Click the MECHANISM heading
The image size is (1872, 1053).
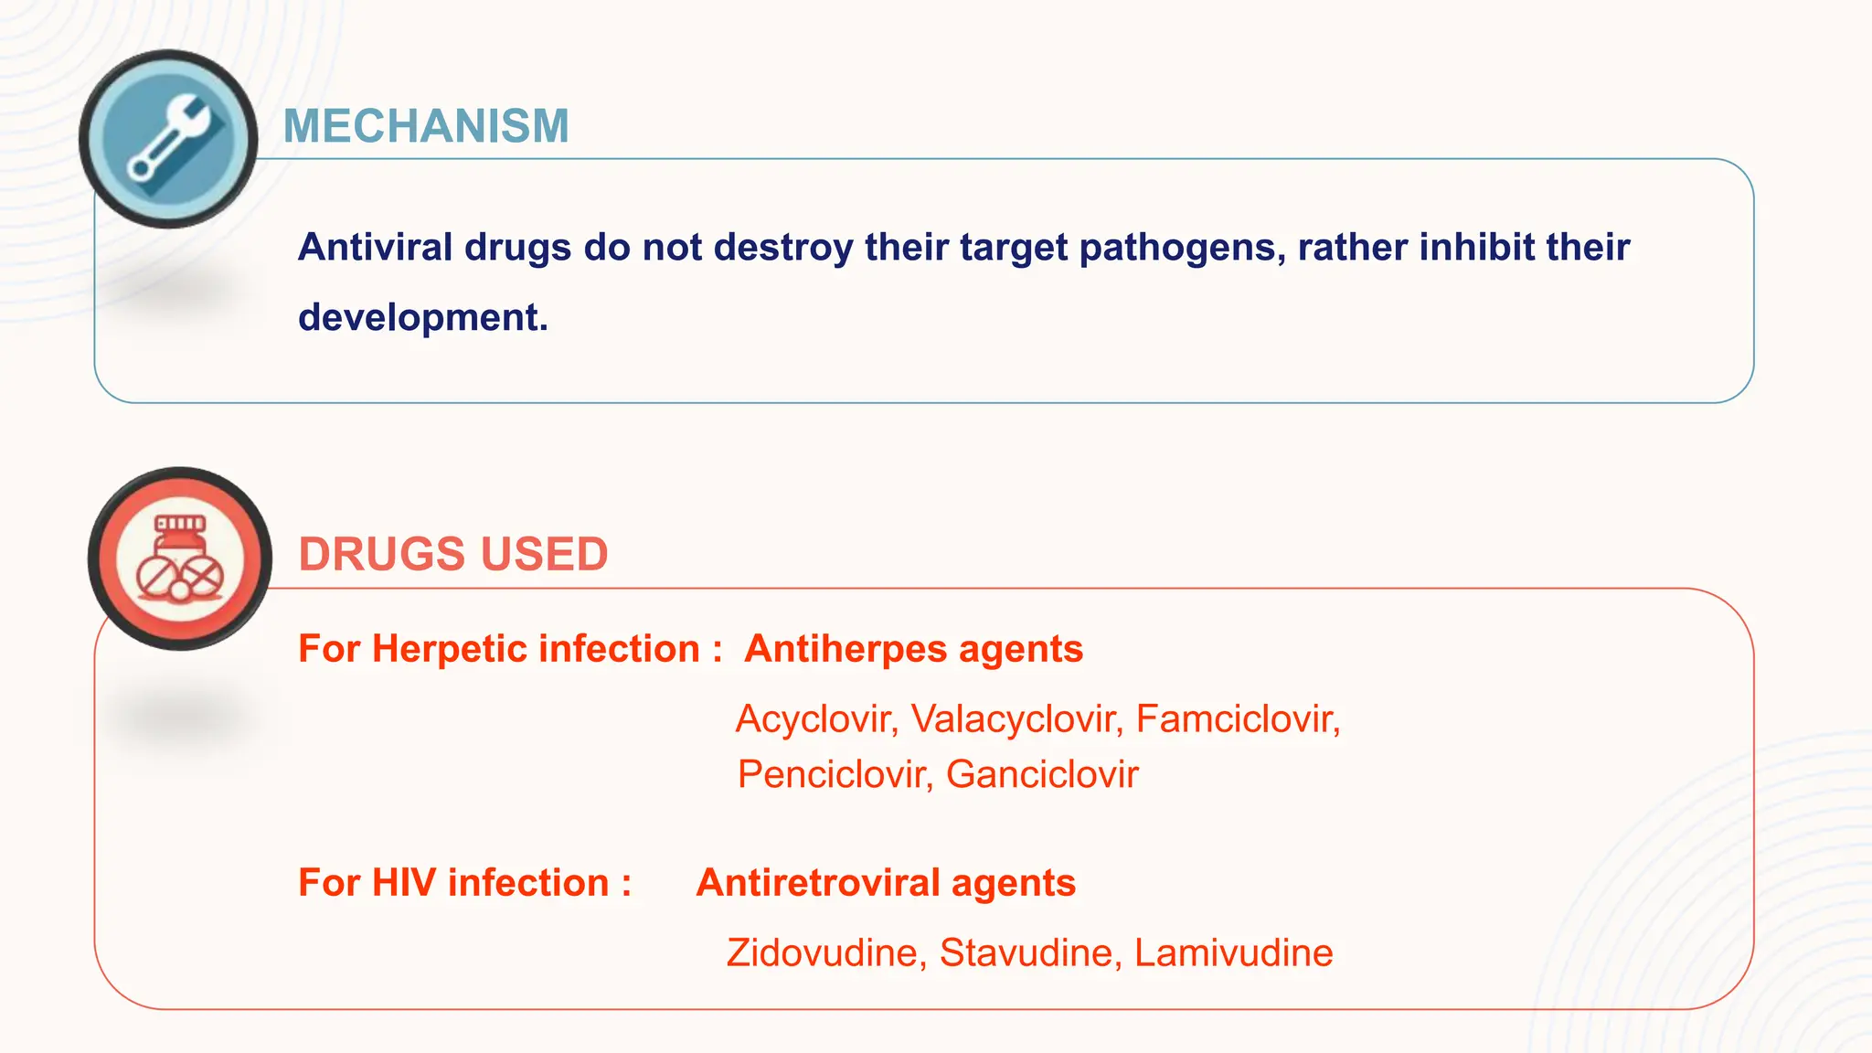click(x=426, y=126)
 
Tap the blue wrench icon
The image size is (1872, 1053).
click(x=169, y=139)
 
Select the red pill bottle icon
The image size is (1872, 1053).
click(x=180, y=558)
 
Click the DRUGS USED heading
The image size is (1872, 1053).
click(x=453, y=554)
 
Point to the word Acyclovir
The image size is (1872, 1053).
click(x=816, y=719)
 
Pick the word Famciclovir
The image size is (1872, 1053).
click(x=1237, y=719)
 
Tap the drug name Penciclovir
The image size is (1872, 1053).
click(x=834, y=775)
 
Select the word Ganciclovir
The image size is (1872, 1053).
click(x=1042, y=775)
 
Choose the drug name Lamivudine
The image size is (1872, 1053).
click(x=1233, y=953)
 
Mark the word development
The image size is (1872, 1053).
click(x=422, y=318)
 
